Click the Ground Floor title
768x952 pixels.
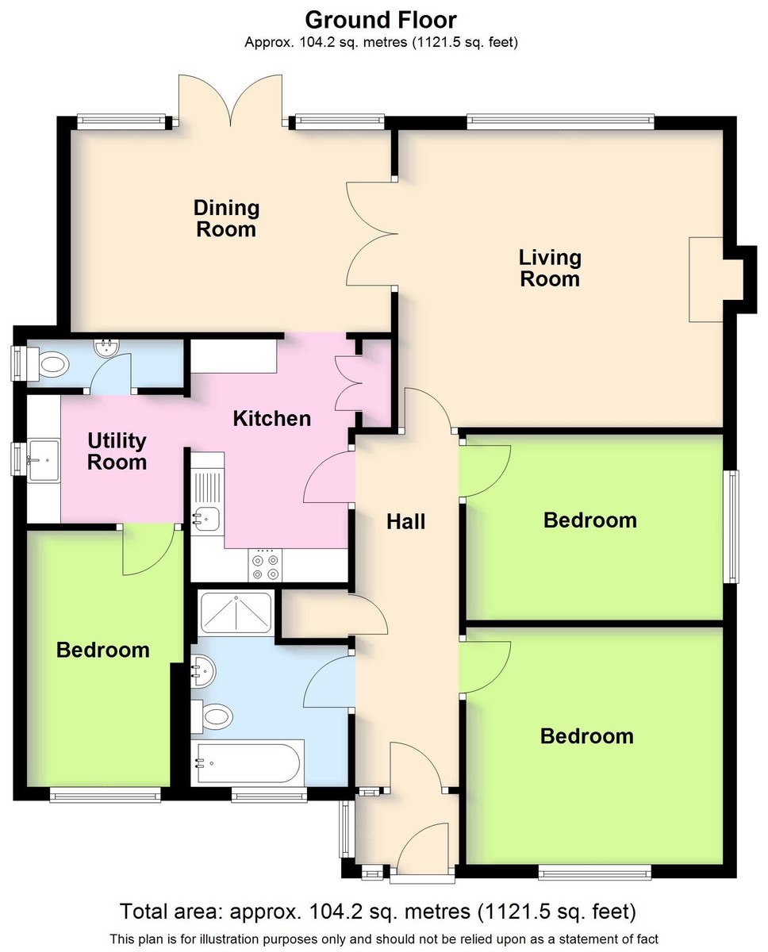tap(381, 20)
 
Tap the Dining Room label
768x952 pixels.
tap(226, 218)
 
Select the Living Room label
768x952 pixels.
tap(550, 268)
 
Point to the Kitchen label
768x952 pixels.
tap(272, 419)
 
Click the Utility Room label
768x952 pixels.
tap(117, 451)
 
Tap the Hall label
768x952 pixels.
tap(405, 521)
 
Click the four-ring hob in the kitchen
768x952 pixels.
tap(265, 566)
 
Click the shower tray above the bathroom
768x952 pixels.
tap(236, 613)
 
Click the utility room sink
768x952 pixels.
tap(44, 460)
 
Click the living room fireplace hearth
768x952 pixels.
tap(706, 279)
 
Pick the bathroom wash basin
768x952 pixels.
tap(203, 671)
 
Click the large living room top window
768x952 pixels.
tap(560, 121)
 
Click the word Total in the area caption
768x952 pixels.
tap(144, 912)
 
